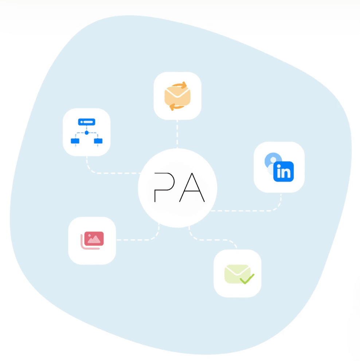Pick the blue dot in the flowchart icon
pos(87,132)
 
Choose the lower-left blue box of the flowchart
pos(75,141)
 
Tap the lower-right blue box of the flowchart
pos(98,141)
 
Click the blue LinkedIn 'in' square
pos(283,171)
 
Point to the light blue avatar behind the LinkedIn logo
pos(273,159)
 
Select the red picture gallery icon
pos(93,240)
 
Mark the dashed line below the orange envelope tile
pos(177,133)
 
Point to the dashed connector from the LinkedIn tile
pos(251,210)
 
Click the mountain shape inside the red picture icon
pos(94,240)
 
